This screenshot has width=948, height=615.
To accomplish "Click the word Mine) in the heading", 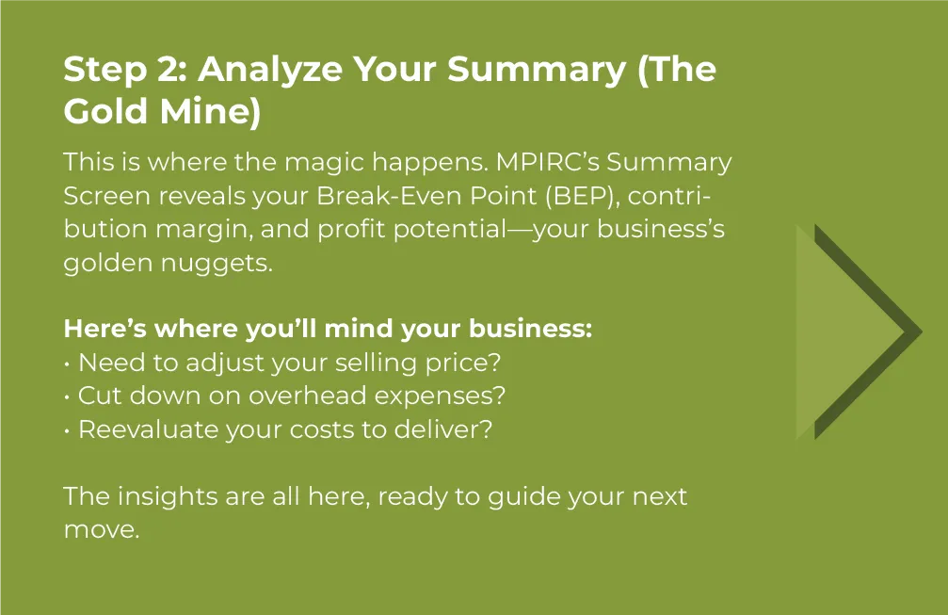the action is (210, 112).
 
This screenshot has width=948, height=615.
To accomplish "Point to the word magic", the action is (324, 163).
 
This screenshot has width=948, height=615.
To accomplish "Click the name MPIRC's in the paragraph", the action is (547, 162).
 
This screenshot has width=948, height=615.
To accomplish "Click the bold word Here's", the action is (105, 329).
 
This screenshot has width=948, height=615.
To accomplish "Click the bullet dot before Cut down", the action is (67, 397).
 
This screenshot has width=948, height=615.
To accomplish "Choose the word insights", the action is (167, 497).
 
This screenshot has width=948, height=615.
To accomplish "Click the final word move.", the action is (102, 530).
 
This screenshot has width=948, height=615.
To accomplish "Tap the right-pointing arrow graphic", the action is (859, 332).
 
